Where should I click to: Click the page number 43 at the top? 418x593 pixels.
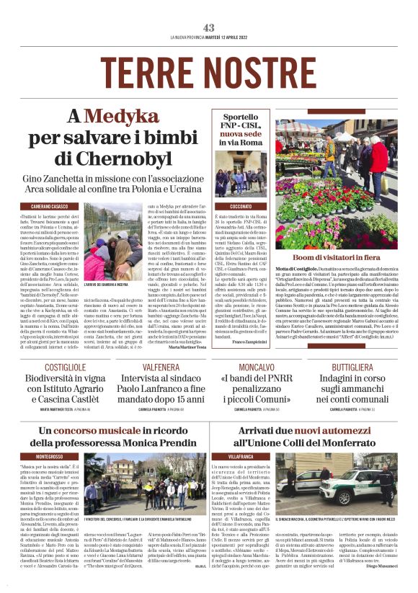209,28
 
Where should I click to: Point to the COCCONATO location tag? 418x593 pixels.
241,206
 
